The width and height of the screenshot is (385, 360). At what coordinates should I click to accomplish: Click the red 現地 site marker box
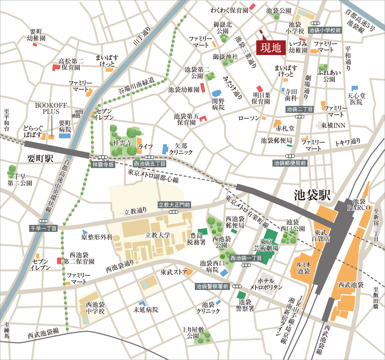tap(271, 48)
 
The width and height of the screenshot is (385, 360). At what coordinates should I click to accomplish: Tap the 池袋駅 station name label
tap(312, 195)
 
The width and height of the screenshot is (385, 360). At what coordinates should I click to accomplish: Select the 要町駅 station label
tap(40, 159)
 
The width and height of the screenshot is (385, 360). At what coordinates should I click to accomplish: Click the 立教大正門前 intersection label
tap(174, 205)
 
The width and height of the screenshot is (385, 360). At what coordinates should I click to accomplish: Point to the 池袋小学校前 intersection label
tap(325, 30)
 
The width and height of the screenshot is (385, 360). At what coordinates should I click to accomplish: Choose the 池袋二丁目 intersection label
tap(299, 109)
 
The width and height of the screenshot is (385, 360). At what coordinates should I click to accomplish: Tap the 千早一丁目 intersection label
tap(44, 228)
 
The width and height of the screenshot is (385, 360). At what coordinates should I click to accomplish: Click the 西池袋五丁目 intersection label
tap(150, 164)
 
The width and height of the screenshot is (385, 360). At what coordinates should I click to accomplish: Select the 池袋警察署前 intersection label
tap(212, 286)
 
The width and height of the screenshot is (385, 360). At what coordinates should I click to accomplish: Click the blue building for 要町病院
tap(65, 136)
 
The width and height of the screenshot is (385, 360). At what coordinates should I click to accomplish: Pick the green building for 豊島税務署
tap(203, 231)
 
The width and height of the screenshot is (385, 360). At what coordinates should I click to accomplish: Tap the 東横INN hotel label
tap(333, 125)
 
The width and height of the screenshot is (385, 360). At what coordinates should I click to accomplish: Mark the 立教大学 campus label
tap(158, 235)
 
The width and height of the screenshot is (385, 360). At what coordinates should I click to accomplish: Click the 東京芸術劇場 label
tap(266, 245)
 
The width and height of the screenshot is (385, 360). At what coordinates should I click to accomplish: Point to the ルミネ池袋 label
tap(304, 268)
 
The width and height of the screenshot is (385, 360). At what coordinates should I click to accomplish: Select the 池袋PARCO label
tap(359, 205)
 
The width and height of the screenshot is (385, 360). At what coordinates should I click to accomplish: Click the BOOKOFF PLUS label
tap(51, 109)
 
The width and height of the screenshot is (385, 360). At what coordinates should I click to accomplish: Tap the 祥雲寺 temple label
tap(122, 143)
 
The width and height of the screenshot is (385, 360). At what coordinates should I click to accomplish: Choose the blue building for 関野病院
tap(216, 93)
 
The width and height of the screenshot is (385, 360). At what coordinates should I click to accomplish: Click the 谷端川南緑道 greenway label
tap(137, 85)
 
